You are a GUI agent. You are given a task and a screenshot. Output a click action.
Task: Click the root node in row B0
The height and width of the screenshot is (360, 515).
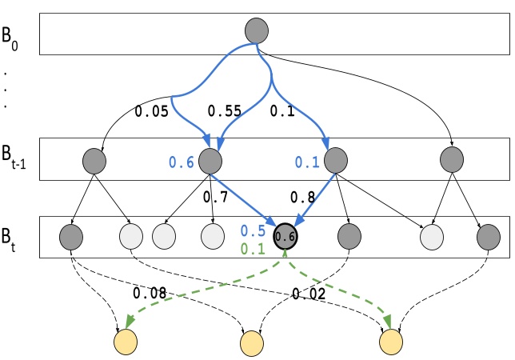(257, 31)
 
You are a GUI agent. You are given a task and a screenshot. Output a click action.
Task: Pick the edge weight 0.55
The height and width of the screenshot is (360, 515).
(226, 111)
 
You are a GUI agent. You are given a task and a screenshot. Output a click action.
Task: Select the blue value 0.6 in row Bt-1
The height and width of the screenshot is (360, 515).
(181, 162)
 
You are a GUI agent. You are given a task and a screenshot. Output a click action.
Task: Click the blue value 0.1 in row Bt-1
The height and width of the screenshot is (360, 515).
(306, 162)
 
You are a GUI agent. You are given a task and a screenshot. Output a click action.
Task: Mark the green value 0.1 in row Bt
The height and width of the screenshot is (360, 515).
(254, 249)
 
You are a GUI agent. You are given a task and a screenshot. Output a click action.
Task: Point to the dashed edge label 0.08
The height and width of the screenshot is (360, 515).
(150, 294)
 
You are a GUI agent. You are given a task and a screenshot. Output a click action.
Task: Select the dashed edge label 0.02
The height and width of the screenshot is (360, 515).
(309, 294)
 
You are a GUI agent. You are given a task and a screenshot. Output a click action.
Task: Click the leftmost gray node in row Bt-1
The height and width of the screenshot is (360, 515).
(94, 161)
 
